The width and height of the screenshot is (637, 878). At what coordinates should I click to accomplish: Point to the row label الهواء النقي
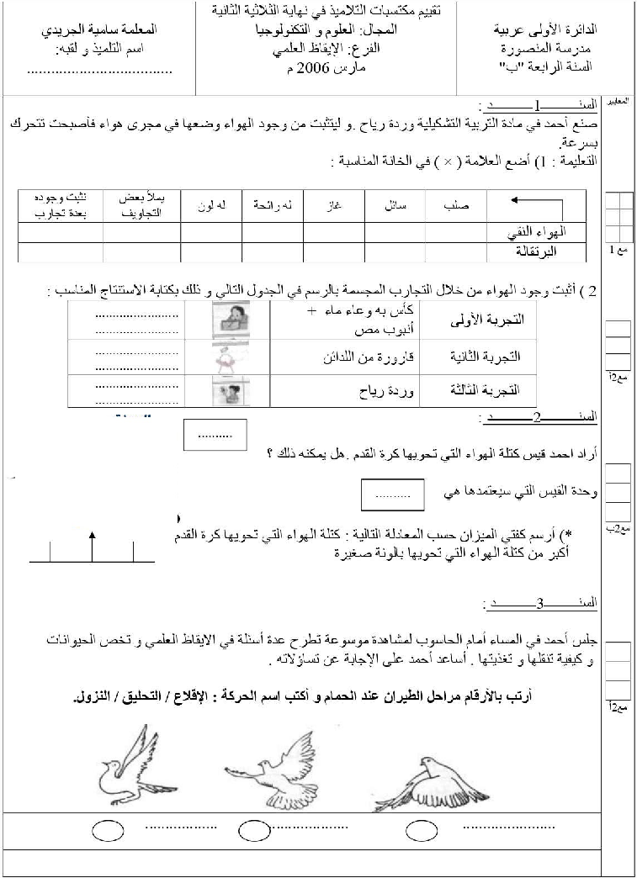[538, 230]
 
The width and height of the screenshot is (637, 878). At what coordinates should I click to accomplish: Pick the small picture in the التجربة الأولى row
[228, 320]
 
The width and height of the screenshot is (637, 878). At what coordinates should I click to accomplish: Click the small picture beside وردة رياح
[228, 390]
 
